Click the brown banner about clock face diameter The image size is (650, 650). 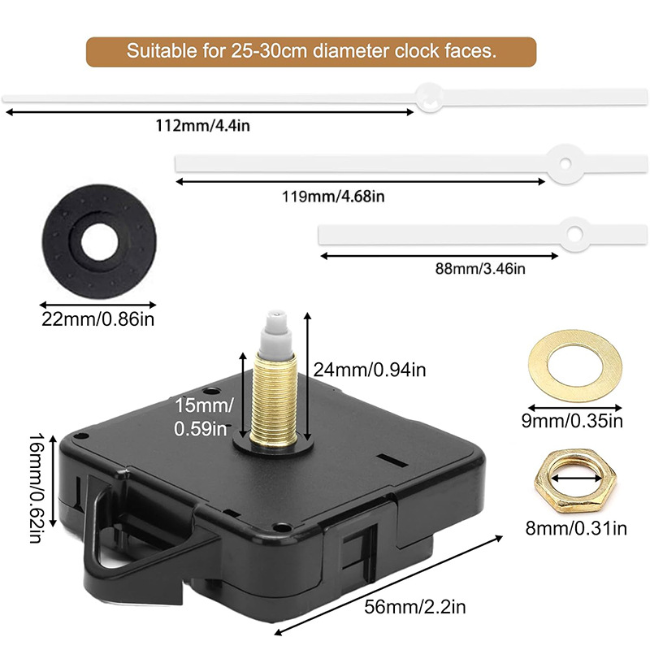pos(311,51)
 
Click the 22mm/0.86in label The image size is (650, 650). pos(97,318)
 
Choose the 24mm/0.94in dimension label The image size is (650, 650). pos(369,370)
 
